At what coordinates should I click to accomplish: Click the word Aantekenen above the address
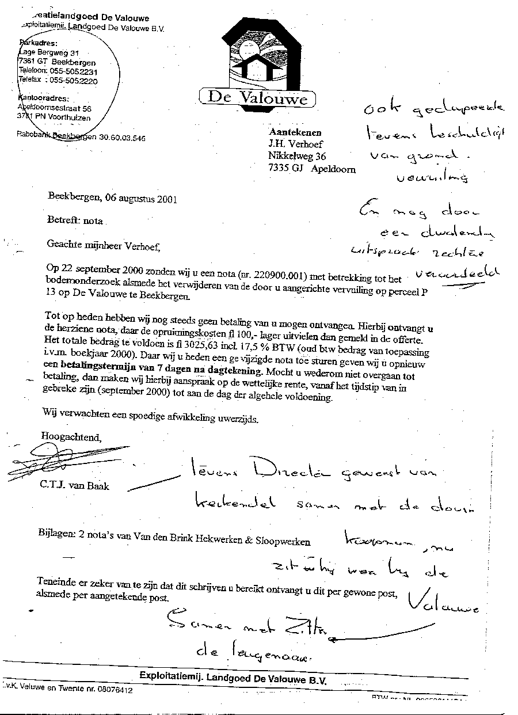295,132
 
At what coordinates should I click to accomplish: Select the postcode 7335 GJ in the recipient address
287,169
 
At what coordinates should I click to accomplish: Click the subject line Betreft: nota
75,220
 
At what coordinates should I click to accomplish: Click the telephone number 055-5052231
73,71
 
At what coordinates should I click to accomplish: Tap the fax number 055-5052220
74,81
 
